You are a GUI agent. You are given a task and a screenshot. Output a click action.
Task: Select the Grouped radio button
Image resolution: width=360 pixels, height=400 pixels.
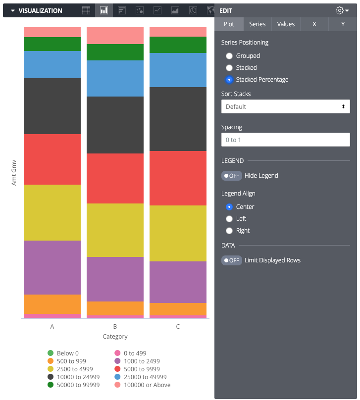click(229, 56)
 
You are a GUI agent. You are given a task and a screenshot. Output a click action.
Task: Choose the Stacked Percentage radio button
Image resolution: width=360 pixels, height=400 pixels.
click(229, 80)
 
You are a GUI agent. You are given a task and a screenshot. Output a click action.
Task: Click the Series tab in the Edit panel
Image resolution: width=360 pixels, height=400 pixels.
click(257, 24)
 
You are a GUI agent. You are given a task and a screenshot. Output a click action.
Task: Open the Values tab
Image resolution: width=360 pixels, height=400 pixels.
click(286, 24)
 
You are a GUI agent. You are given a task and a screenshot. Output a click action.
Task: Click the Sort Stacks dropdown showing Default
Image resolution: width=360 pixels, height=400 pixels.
click(286, 106)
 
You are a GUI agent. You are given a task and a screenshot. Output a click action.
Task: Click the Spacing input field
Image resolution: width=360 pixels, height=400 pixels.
click(286, 140)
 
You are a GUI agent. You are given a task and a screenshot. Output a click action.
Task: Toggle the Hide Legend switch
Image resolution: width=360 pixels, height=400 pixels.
click(232, 176)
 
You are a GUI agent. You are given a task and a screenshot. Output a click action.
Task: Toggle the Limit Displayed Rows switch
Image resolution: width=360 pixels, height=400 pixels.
click(232, 260)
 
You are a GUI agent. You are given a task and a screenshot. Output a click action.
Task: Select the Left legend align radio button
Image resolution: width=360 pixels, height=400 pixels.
click(229, 219)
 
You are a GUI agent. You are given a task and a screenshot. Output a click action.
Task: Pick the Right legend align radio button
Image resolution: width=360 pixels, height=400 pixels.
click(229, 231)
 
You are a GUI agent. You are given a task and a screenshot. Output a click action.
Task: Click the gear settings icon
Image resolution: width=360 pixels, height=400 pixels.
click(340, 10)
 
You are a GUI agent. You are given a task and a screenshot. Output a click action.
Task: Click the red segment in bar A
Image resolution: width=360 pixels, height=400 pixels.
click(52, 159)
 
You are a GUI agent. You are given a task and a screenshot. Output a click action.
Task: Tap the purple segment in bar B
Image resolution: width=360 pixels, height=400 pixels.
click(115, 279)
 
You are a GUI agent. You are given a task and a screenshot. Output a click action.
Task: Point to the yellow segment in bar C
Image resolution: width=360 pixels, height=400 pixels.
click(178, 233)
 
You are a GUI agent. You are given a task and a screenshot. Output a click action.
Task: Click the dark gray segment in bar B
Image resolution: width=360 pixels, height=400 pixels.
click(115, 125)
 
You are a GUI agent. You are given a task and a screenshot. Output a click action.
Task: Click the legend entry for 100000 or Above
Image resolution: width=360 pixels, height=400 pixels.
click(147, 385)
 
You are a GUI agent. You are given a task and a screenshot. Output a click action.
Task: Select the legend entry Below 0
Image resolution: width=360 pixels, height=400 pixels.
click(67, 353)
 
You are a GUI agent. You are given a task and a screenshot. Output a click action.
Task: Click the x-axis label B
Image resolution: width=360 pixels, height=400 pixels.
click(115, 327)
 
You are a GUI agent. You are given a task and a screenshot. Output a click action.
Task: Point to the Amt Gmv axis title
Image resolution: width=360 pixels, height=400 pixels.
click(14, 172)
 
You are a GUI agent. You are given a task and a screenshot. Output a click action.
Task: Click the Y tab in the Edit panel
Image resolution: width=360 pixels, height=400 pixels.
click(343, 24)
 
